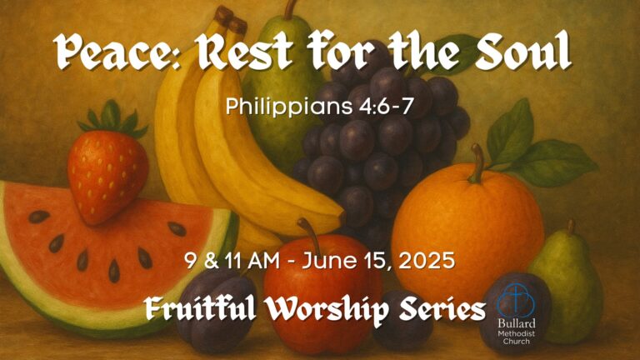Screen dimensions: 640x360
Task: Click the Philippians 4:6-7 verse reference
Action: pos(320,107)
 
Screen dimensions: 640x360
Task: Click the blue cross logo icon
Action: pos(516,300)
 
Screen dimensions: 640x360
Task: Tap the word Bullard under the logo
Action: pos(517,323)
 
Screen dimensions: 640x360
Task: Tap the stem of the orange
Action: pos(477,163)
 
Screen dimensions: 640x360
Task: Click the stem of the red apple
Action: pos(310,236)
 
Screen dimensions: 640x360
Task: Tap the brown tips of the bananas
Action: pos(231,20)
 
